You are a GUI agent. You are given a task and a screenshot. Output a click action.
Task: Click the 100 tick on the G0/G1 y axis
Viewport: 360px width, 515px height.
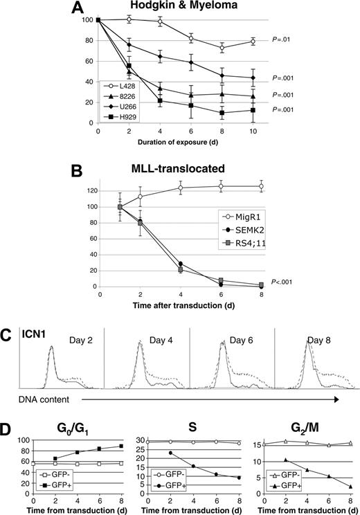click(22, 440)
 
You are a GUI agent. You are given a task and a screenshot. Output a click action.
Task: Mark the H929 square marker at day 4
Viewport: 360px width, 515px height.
click(160, 101)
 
